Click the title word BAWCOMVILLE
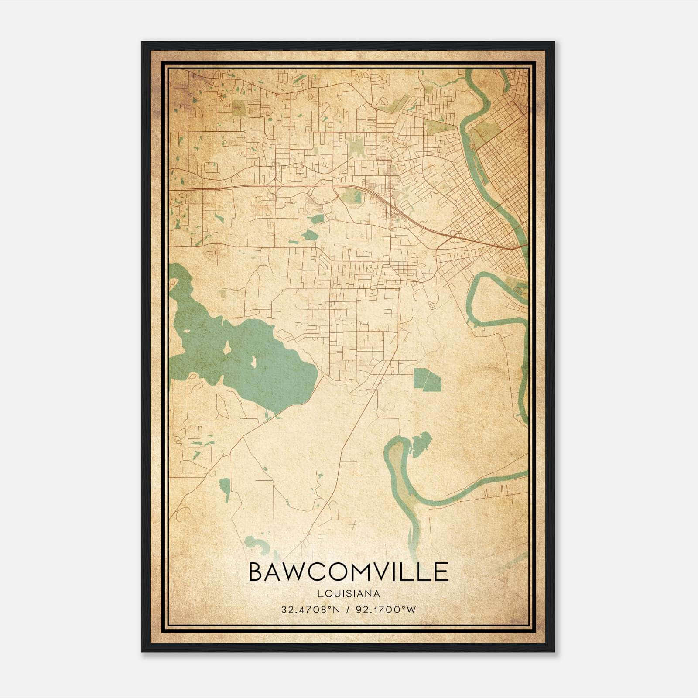(349, 572)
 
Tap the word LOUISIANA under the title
(349, 594)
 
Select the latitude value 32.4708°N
(310, 609)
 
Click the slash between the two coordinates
(348, 609)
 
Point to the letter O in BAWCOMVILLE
(341, 572)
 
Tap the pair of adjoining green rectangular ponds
(427, 379)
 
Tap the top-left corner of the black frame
(142, 42)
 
